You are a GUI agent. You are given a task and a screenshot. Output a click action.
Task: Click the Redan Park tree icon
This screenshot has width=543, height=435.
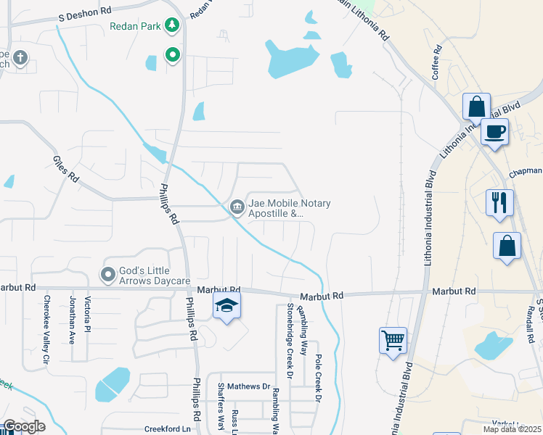tap(172, 27)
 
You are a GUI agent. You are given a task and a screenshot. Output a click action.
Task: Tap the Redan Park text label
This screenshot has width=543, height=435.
tap(136, 27)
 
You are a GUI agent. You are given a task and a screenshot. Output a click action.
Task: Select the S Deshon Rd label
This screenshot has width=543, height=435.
tap(86, 12)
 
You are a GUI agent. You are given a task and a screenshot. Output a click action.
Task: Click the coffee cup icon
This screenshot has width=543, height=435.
tap(494, 132)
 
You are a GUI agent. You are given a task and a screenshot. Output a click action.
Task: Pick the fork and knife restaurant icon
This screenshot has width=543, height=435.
tap(500, 202)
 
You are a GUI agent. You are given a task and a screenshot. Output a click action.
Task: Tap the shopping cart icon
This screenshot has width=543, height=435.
tap(393, 339)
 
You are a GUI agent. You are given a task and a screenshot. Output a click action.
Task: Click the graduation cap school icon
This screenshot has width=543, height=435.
tap(226, 307)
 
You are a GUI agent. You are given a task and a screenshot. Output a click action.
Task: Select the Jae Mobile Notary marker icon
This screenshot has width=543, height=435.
tap(237, 208)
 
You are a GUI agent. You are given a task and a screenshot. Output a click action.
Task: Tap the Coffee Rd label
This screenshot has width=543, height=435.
tap(437, 64)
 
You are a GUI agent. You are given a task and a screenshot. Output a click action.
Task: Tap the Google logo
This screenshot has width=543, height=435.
tap(24, 426)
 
